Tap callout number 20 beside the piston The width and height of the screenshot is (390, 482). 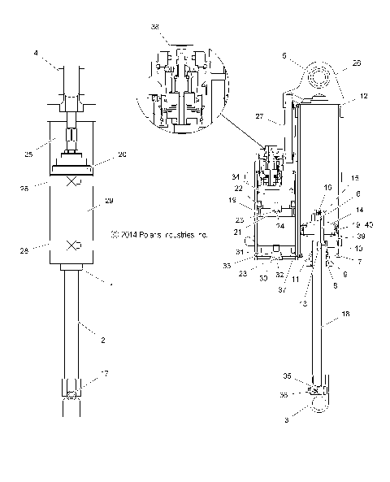tap(123, 154)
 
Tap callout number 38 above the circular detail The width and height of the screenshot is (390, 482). tap(154, 27)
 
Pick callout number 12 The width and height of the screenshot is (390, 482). tap(364, 96)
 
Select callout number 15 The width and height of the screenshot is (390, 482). tap(355, 177)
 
